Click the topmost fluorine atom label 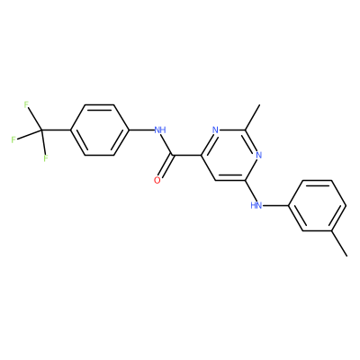point(26,104)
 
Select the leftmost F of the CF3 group point(13,139)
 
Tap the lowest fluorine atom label point(46,158)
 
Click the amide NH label point(160,130)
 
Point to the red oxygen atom point(157,180)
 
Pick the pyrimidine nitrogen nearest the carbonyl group point(215,130)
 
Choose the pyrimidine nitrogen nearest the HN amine point(259,155)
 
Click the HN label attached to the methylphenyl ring point(256,205)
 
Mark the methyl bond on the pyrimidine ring point(252,117)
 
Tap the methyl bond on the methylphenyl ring point(339,243)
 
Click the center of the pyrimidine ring point(229,156)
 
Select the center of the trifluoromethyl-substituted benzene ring point(100,130)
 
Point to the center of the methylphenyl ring point(318,205)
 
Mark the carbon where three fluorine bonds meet point(41,130)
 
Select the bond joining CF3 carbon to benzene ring point(56,130)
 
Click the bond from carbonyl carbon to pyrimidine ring point(186,155)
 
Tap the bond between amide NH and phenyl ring point(141,130)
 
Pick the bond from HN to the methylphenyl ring point(275,205)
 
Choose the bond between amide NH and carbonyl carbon point(167,145)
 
